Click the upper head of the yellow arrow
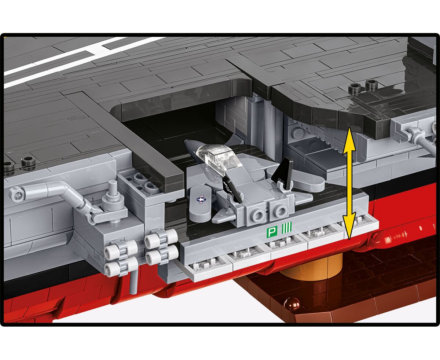point(349,139)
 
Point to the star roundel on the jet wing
point(201,199)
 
